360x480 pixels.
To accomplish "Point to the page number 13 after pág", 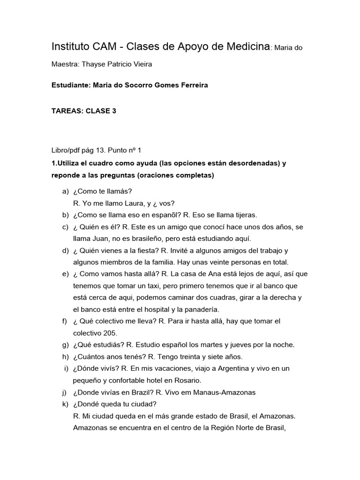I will pyautogui.click(x=99, y=150).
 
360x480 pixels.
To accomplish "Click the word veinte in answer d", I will pyautogui.click(x=217, y=262).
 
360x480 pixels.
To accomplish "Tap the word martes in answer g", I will pyautogui.click(x=204, y=345).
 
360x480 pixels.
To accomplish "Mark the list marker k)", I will pyautogui.click(x=65, y=404).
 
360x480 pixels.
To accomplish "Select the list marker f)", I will pyautogui.click(x=65, y=321).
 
